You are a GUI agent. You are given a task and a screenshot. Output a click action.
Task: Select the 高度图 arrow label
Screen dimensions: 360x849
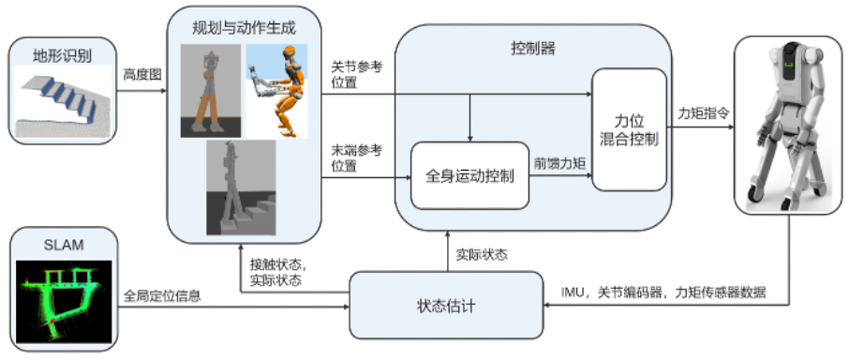(x=141, y=72)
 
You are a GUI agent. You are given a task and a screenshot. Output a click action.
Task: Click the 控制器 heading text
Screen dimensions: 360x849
(x=533, y=49)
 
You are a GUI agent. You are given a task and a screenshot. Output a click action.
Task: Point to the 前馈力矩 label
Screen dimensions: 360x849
(x=560, y=162)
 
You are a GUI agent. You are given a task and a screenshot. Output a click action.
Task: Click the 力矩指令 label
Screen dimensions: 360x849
(x=704, y=112)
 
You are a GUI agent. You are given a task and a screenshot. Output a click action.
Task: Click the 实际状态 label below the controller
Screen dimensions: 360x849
(x=481, y=254)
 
